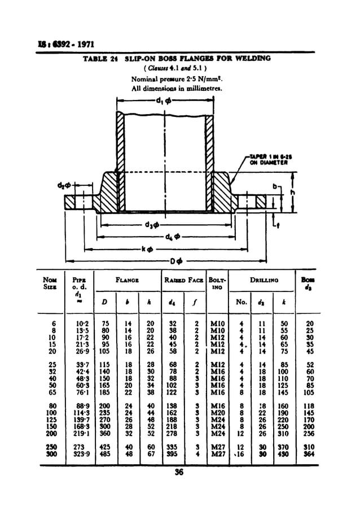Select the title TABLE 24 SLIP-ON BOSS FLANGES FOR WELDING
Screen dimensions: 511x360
point(177,58)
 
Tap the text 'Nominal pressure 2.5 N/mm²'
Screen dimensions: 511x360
point(167,79)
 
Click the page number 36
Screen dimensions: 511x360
point(179,473)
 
